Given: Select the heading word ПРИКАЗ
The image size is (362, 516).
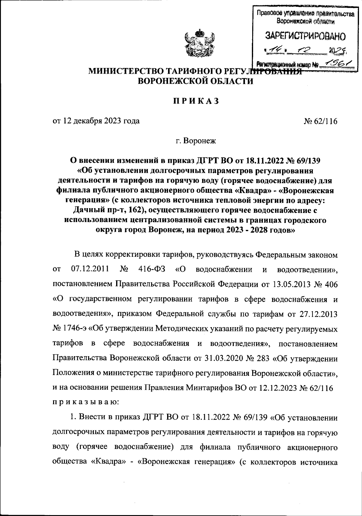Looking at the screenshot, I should point(195,102).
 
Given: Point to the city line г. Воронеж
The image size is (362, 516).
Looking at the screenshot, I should point(196,141).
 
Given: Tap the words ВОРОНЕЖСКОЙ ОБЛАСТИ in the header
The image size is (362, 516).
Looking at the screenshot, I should point(195,81).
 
